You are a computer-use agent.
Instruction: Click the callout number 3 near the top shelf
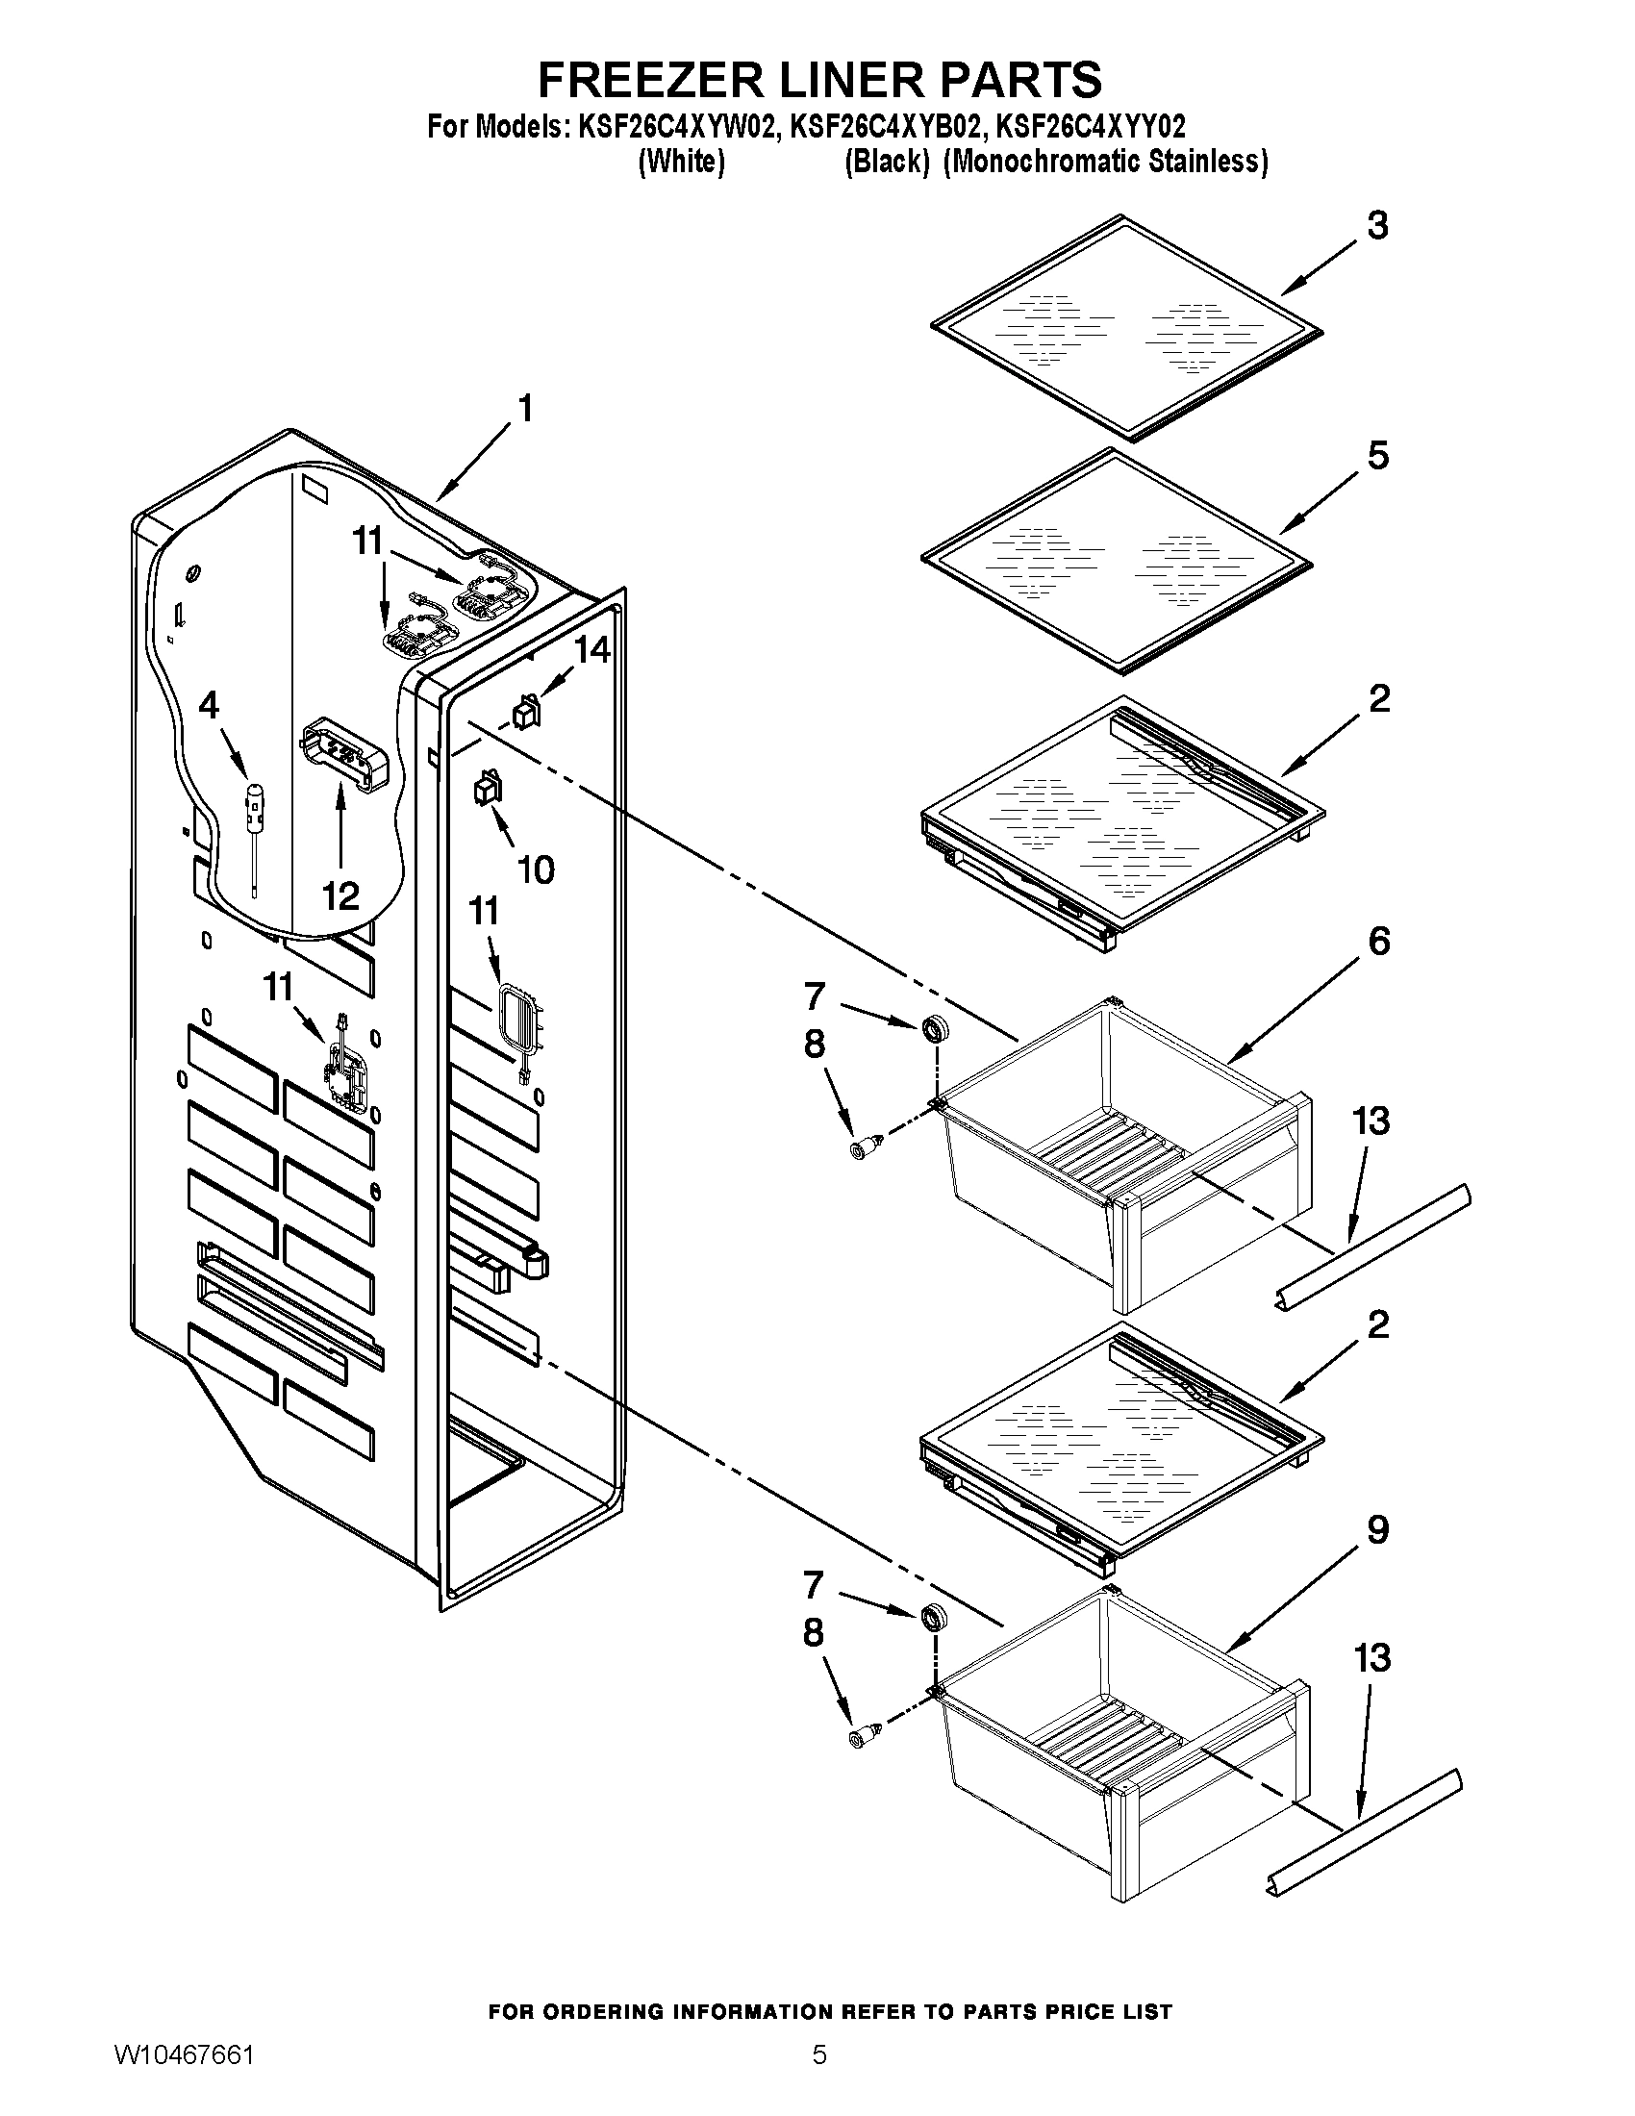point(1377,225)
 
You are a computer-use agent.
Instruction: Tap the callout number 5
point(1377,455)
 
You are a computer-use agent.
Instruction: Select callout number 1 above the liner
point(524,409)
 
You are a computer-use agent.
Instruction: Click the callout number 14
point(591,649)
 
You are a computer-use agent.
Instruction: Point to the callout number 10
point(536,869)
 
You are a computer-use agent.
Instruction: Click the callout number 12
point(341,895)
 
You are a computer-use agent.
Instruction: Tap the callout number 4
point(209,705)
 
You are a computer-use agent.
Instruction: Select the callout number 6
point(1377,941)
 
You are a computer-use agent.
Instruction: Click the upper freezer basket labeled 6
point(1123,1144)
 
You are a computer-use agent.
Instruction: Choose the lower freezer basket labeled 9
point(1123,1734)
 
